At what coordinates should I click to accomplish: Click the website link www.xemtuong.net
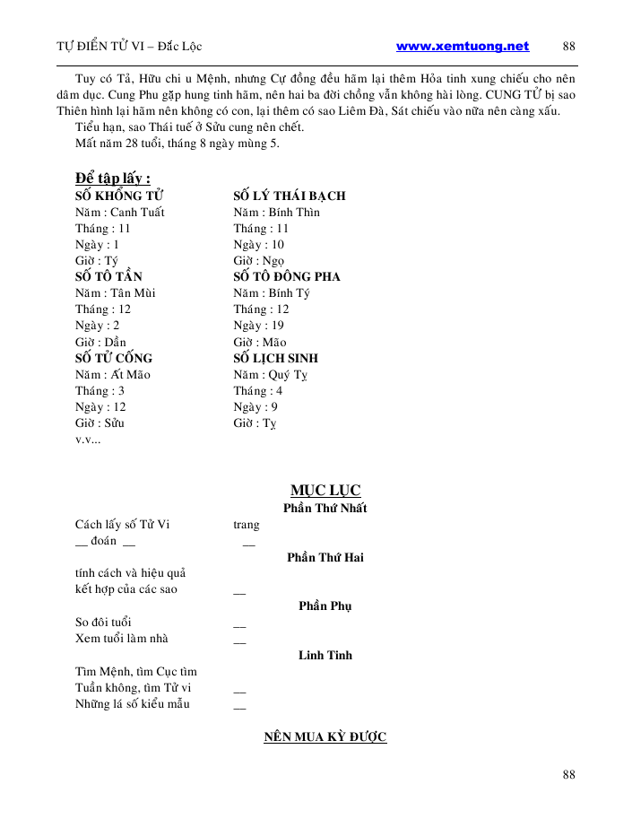(463, 47)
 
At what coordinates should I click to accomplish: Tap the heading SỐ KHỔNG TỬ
(119, 196)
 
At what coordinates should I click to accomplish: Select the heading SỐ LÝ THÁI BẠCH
(290, 196)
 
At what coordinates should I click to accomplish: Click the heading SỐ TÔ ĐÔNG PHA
(287, 276)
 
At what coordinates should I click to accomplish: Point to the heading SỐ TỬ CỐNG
(114, 358)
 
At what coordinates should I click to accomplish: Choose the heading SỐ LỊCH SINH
(276, 358)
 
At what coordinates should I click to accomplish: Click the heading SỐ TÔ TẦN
(108, 276)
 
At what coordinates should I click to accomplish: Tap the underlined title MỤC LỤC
(325, 490)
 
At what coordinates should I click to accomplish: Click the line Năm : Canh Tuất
(120, 212)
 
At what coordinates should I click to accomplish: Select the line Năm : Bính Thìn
(276, 212)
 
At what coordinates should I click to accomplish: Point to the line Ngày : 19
(259, 326)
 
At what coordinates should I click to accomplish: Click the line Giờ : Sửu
(100, 423)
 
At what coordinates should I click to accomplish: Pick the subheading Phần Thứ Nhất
(325, 508)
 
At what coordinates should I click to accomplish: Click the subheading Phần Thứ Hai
(325, 557)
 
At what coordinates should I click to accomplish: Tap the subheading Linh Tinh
(325, 655)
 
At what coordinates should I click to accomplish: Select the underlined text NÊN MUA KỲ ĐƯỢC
(325, 737)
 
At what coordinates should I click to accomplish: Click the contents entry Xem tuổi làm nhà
(122, 639)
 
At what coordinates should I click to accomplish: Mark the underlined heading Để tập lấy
(112, 179)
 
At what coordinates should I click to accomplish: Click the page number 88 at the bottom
(569, 775)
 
